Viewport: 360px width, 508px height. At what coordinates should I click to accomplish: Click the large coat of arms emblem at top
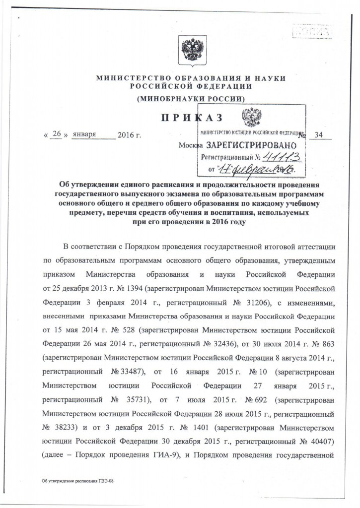coord(191,51)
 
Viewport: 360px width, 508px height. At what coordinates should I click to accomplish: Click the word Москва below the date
coord(191,146)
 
